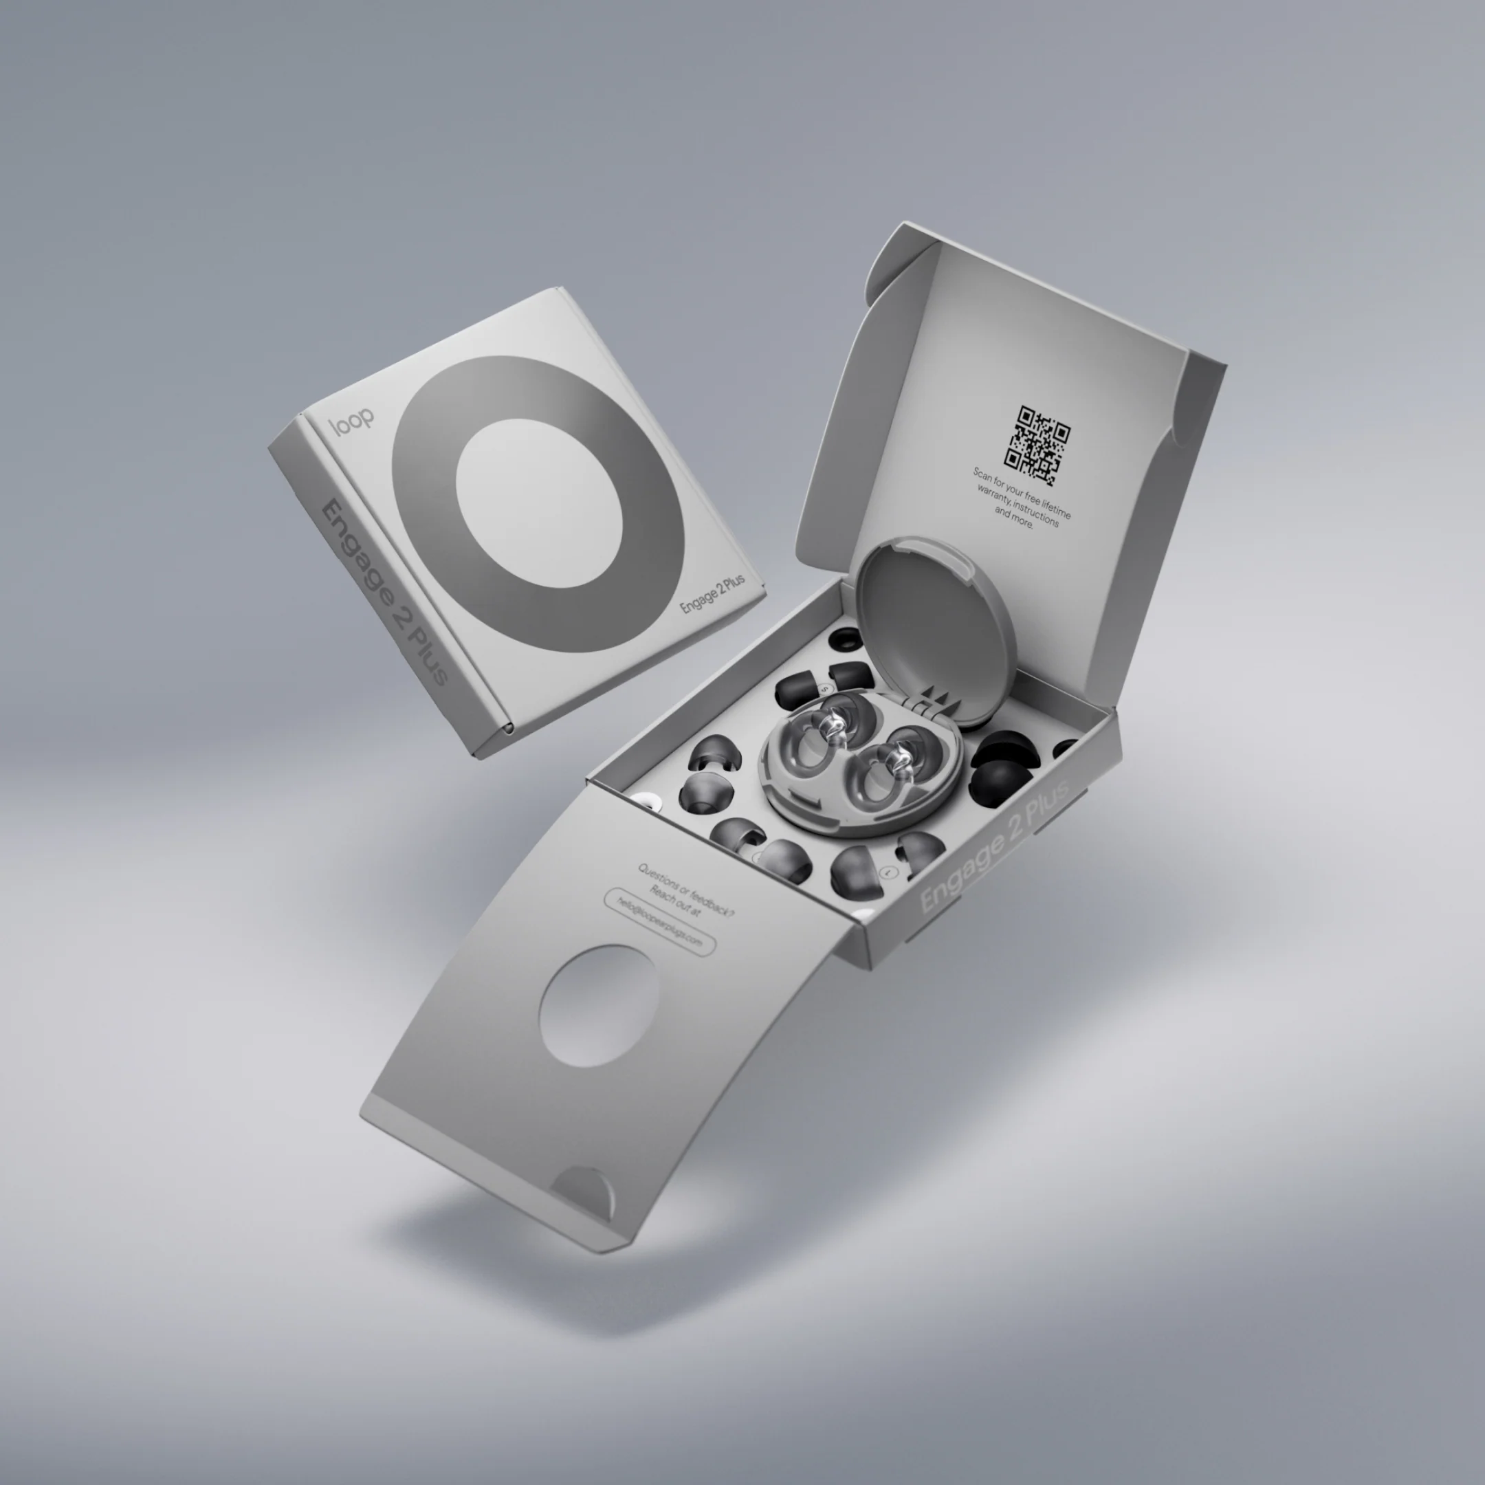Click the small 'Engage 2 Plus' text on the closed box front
pyautogui.click(x=712, y=594)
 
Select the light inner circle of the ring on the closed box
pyautogui.click(x=538, y=503)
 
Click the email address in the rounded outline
pyautogui.click(x=659, y=921)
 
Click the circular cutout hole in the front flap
pyautogui.click(x=599, y=1005)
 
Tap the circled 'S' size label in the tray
pyautogui.click(x=826, y=688)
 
